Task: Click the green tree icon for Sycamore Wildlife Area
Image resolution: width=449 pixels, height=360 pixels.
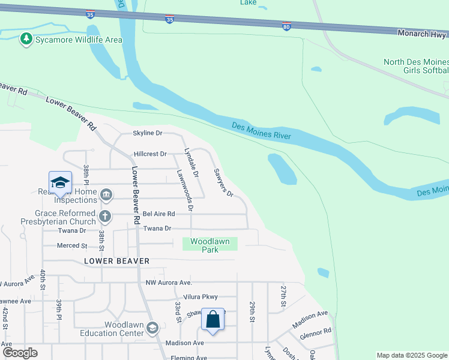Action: (x=25, y=40)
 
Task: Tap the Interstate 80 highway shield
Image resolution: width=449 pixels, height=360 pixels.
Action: (x=287, y=26)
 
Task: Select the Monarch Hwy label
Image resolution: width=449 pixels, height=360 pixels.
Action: (x=423, y=33)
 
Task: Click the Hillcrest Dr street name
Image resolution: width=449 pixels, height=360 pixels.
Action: (x=150, y=154)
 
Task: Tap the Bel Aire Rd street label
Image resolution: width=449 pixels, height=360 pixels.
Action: (x=158, y=214)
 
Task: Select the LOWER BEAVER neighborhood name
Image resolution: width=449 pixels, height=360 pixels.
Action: (x=116, y=261)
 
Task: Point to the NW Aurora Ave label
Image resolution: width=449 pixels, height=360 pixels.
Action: (x=168, y=283)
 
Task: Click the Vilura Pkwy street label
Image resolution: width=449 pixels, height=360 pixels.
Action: (x=200, y=297)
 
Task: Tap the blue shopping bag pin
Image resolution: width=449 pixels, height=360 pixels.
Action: (x=213, y=319)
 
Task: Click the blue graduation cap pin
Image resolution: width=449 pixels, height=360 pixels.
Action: (x=60, y=182)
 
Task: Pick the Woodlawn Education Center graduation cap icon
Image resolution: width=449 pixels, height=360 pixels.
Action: (x=152, y=327)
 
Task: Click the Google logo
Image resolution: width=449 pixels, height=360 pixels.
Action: (x=20, y=353)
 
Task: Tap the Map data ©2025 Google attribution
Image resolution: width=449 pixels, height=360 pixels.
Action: (x=411, y=355)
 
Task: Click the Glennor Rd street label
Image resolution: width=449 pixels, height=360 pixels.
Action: (x=316, y=331)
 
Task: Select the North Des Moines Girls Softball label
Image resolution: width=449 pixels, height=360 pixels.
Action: (x=416, y=67)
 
